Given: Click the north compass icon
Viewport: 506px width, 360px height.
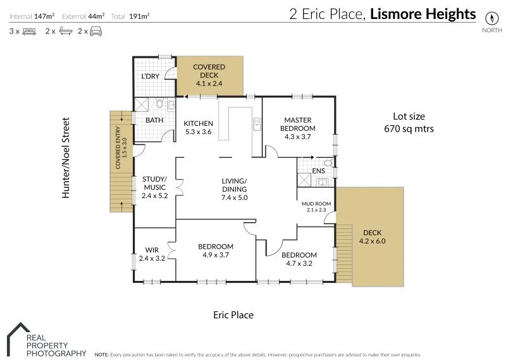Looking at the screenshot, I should click(x=490, y=17).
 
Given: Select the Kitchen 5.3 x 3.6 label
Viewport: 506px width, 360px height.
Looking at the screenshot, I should click(x=198, y=127).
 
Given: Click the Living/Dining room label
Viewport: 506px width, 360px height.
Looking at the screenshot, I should click(x=234, y=189).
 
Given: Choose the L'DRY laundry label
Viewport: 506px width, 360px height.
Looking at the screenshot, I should click(x=150, y=77).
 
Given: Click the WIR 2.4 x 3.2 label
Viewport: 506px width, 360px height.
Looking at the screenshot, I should click(x=151, y=254).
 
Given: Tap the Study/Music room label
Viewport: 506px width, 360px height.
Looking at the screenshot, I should click(x=154, y=187).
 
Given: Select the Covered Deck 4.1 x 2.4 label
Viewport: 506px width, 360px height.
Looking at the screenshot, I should click(x=209, y=75).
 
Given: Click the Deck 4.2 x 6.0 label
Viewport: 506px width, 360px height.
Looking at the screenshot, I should click(x=372, y=237).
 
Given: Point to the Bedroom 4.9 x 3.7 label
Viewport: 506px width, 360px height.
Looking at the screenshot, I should click(x=215, y=251).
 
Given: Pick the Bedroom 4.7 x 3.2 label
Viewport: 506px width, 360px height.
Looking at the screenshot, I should click(x=299, y=259).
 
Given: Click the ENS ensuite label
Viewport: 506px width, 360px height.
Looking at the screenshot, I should click(x=319, y=171).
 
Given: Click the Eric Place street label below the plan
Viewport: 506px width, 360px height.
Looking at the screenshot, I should click(x=233, y=314).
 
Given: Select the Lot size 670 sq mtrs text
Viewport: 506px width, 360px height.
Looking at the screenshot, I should click(x=409, y=122).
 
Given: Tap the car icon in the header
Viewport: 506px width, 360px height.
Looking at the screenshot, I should click(x=95, y=30).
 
